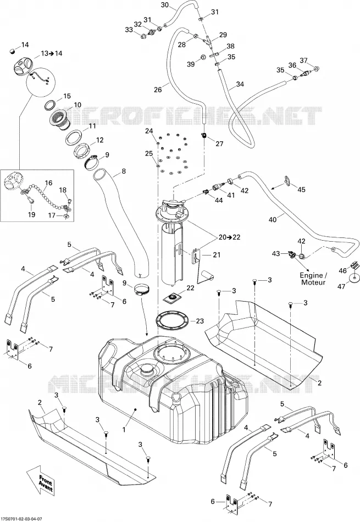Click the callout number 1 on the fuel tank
[124, 430]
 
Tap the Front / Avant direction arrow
[42, 481]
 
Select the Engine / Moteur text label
[313, 279]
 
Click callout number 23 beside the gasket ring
[200, 321]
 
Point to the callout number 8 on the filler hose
[124, 172]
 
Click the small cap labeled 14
[13, 51]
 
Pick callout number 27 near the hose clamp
[219, 143]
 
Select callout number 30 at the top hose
[165, 4]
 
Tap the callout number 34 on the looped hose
[240, 84]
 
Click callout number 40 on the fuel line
[273, 220]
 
